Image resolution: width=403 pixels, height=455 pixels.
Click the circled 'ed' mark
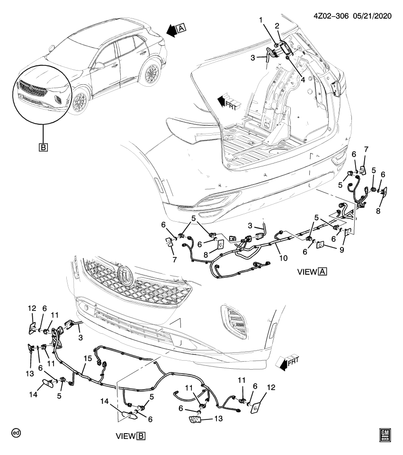(x=17, y=433)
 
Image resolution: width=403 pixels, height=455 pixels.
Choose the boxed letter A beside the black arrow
(x=181, y=30)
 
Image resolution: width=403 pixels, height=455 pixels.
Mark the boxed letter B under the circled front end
(x=43, y=148)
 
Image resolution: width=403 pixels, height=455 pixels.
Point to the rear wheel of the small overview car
(x=152, y=74)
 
